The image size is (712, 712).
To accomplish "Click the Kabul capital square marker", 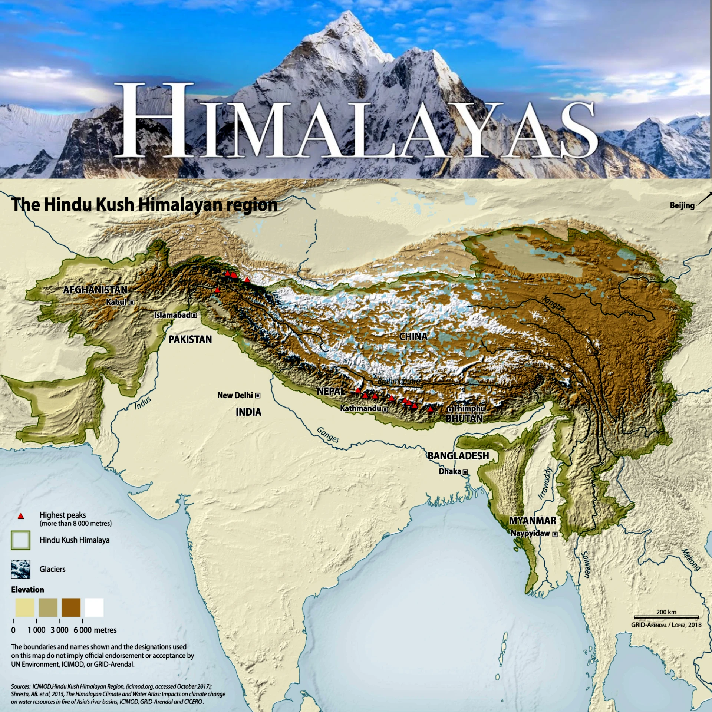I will (x=132, y=303).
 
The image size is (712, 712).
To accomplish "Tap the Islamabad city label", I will (x=172, y=315).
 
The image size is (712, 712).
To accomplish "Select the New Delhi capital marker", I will (x=258, y=396).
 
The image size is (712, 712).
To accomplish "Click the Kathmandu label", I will (x=360, y=408).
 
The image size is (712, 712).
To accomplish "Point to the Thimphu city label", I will (x=469, y=408).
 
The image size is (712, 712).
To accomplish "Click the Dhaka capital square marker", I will (x=465, y=472).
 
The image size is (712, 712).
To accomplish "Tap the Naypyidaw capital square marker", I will (x=555, y=534).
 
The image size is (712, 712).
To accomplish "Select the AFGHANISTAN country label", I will (x=95, y=290).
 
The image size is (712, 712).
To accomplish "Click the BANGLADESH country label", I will (x=458, y=456).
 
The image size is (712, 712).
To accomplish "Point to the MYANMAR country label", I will (x=533, y=521).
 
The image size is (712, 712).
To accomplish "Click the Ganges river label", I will (x=328, y=435).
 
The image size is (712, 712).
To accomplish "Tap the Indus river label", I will (x=143, y=403).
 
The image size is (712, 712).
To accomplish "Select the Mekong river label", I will (x=691, y=560).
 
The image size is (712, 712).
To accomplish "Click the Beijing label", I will (x=682, y=205).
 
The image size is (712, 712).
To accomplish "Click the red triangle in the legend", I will (x=21, y=516).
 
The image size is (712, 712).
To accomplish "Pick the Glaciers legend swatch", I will (x=21, y=569).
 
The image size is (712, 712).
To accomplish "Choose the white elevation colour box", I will (x=94, y=607).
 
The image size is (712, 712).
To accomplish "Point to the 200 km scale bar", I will (x=666, y=617).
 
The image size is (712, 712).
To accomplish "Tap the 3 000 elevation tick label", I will (x=60, y=630).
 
